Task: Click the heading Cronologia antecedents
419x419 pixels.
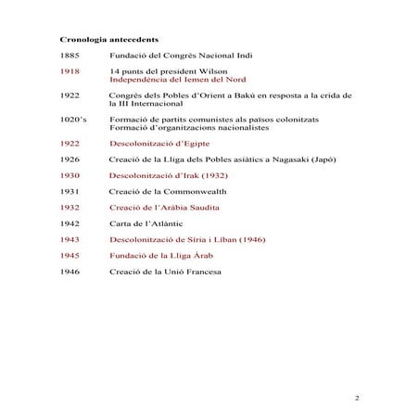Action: coord(108,42)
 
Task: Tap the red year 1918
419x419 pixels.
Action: coord(70,71)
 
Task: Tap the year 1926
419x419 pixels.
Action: coord(70,159)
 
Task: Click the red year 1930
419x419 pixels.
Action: coord(70,175)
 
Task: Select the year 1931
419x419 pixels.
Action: coord(70,191)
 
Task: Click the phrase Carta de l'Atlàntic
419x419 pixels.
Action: coord(149,222)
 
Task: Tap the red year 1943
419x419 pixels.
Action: coord(70,239)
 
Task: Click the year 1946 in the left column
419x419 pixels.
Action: coord(70,271)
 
